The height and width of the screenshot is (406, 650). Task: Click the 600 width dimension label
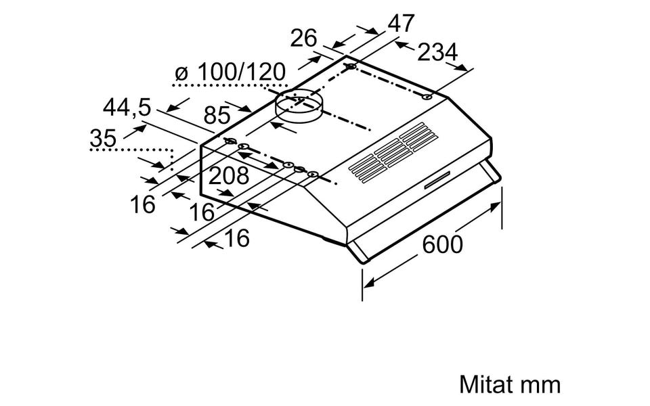(x=443, y=244)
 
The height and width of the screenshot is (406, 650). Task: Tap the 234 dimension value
(x=437, y=52)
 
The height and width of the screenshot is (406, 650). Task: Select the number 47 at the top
(x=400, y=23)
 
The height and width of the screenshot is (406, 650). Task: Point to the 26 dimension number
(x=304, y=39)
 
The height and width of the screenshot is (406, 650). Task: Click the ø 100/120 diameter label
(x=230, y=72)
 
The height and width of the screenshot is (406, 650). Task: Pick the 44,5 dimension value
(x=127, y=107)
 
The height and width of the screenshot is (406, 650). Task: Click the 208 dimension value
(x=228, y=176)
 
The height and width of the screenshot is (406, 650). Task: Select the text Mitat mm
(x=510, y=385)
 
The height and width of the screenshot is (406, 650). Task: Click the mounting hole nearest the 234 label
(x=427, y=97)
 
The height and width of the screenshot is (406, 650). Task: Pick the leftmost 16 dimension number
(x=143, y=204)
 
